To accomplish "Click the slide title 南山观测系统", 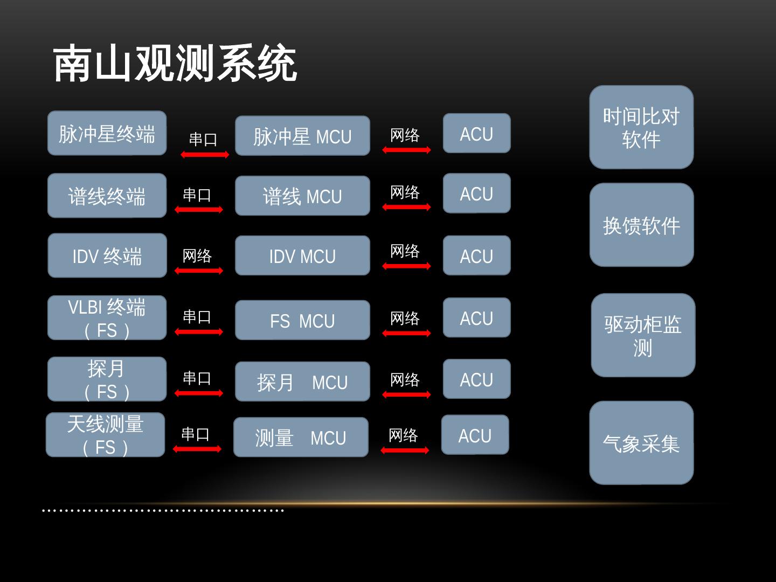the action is point(175,64).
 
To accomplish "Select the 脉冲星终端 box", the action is point(107,133).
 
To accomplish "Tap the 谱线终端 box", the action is point(107,196).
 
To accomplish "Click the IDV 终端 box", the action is point(107,255).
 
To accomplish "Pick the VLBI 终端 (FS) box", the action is point(107,318).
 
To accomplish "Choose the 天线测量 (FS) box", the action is point(105,435).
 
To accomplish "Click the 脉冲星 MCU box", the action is point(302,136).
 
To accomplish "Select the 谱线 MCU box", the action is point(302,196).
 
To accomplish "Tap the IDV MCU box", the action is point(302,255).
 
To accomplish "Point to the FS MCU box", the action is point(302,320).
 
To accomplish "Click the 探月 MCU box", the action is point(302,382).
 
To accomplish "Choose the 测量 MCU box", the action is point(301,437).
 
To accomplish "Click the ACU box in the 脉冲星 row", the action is point(476,133).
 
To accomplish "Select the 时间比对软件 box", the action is point(641,127).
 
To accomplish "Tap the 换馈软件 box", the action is point(641,225).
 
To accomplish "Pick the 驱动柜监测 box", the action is point(643,335).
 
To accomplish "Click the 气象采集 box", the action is point(641,443).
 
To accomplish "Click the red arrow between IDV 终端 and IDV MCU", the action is point(198,271).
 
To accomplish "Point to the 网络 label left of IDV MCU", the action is point(197,255).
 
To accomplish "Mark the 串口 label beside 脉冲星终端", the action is point(203,140).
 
